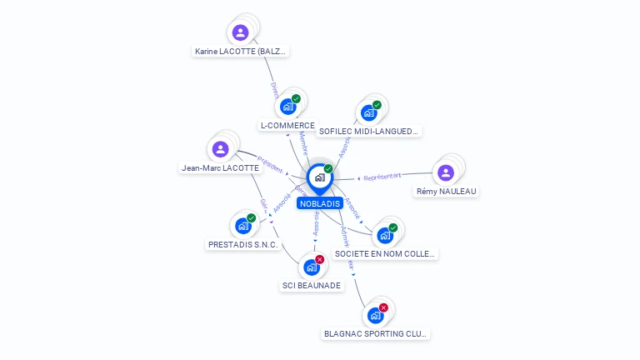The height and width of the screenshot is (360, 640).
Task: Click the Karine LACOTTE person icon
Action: coord(240,32)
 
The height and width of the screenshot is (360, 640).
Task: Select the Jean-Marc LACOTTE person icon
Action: coord(220,149)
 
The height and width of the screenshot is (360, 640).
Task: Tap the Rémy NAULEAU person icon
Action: coord(446,172)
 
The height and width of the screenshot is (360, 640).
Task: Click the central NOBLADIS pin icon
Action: coord(319,177)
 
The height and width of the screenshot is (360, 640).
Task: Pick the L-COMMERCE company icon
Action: coord(288,107)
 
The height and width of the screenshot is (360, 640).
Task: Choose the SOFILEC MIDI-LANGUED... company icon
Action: coord(369,112)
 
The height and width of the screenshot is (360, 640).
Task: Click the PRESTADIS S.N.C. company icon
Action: coord(242,225)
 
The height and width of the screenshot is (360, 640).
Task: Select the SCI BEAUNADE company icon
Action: coord(311,267)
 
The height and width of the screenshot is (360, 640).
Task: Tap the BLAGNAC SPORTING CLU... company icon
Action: coord(375,315)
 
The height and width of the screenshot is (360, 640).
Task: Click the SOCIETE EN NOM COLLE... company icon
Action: coord(384,235)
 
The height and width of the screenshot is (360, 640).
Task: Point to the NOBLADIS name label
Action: coord(320,203)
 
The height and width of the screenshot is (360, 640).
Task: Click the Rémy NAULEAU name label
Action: coord(447,192)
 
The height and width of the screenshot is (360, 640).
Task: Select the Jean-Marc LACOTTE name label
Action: coord(220,167)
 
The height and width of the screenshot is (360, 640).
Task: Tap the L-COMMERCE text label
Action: coord(287,126)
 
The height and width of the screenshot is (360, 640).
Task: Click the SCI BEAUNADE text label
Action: coord(311,285)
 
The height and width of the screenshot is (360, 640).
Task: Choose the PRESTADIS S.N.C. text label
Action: coord(242,245)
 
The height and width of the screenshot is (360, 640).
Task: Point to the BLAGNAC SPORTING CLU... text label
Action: coord(376,334)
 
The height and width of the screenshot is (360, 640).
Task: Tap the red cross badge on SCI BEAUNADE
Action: coord(319,259)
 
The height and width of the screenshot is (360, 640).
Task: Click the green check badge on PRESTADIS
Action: coord(251,217)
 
